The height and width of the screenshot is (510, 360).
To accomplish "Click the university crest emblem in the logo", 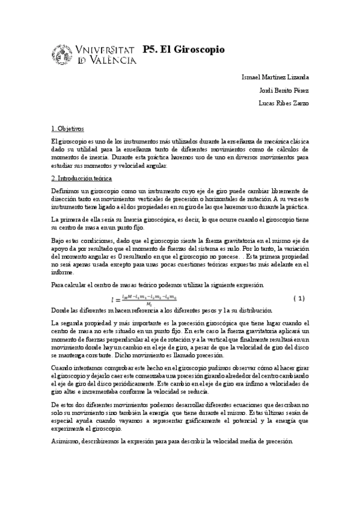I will [x=62, y=55].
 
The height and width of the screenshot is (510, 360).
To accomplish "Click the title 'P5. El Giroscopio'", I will [x=184, y=50].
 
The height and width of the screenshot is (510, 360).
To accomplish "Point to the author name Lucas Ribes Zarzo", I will [x=284, y=103].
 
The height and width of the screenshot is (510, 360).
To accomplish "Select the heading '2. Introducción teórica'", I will [x=81, y=179].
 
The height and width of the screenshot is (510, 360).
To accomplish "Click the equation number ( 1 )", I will [x=298, y=298].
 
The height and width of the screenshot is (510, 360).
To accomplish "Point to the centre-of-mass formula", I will [x=144, y=299].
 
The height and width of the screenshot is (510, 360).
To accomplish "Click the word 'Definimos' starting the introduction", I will [x=64, y=190].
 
